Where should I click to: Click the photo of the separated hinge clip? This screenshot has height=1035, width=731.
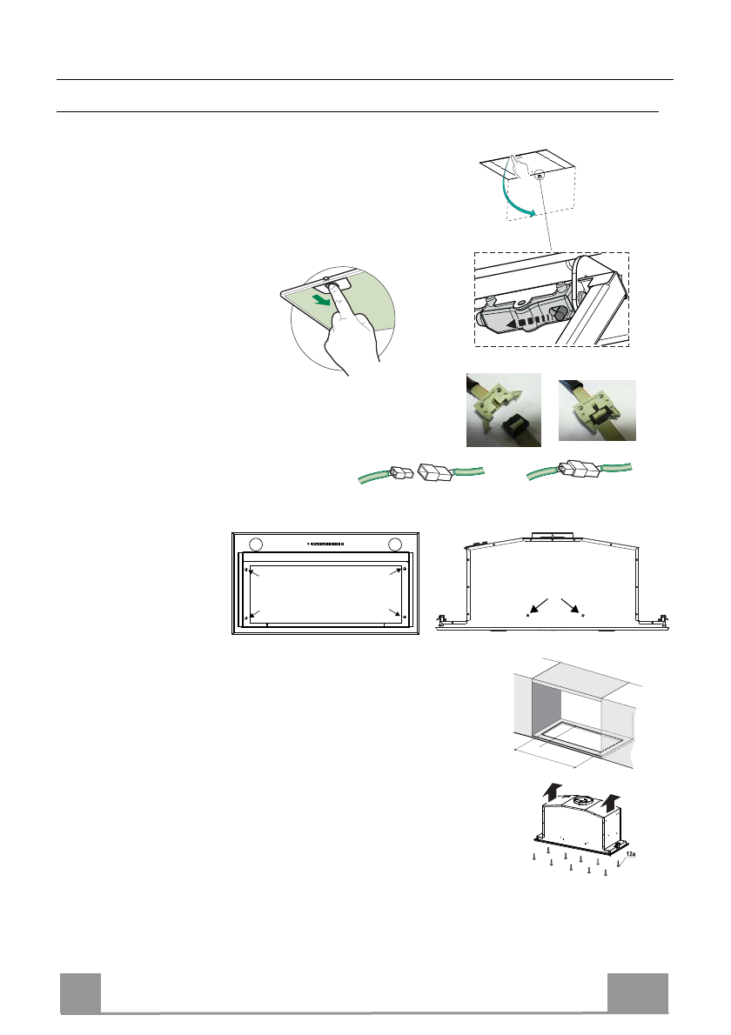coord(503,409)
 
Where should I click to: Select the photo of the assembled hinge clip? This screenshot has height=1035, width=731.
coord(596,410)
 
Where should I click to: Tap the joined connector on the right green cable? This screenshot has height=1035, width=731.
coord(577,470)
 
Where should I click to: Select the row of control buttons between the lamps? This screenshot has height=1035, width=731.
coord(325,545)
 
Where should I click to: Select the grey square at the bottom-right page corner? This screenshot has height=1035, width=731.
coord(638,992)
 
